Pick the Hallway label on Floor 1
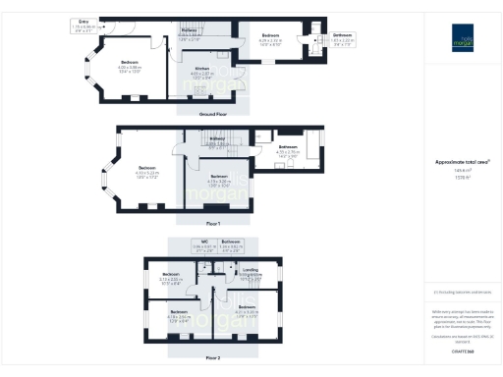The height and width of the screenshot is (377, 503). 218,139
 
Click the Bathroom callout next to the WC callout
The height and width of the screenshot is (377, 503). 232,242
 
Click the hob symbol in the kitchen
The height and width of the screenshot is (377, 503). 200,90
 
